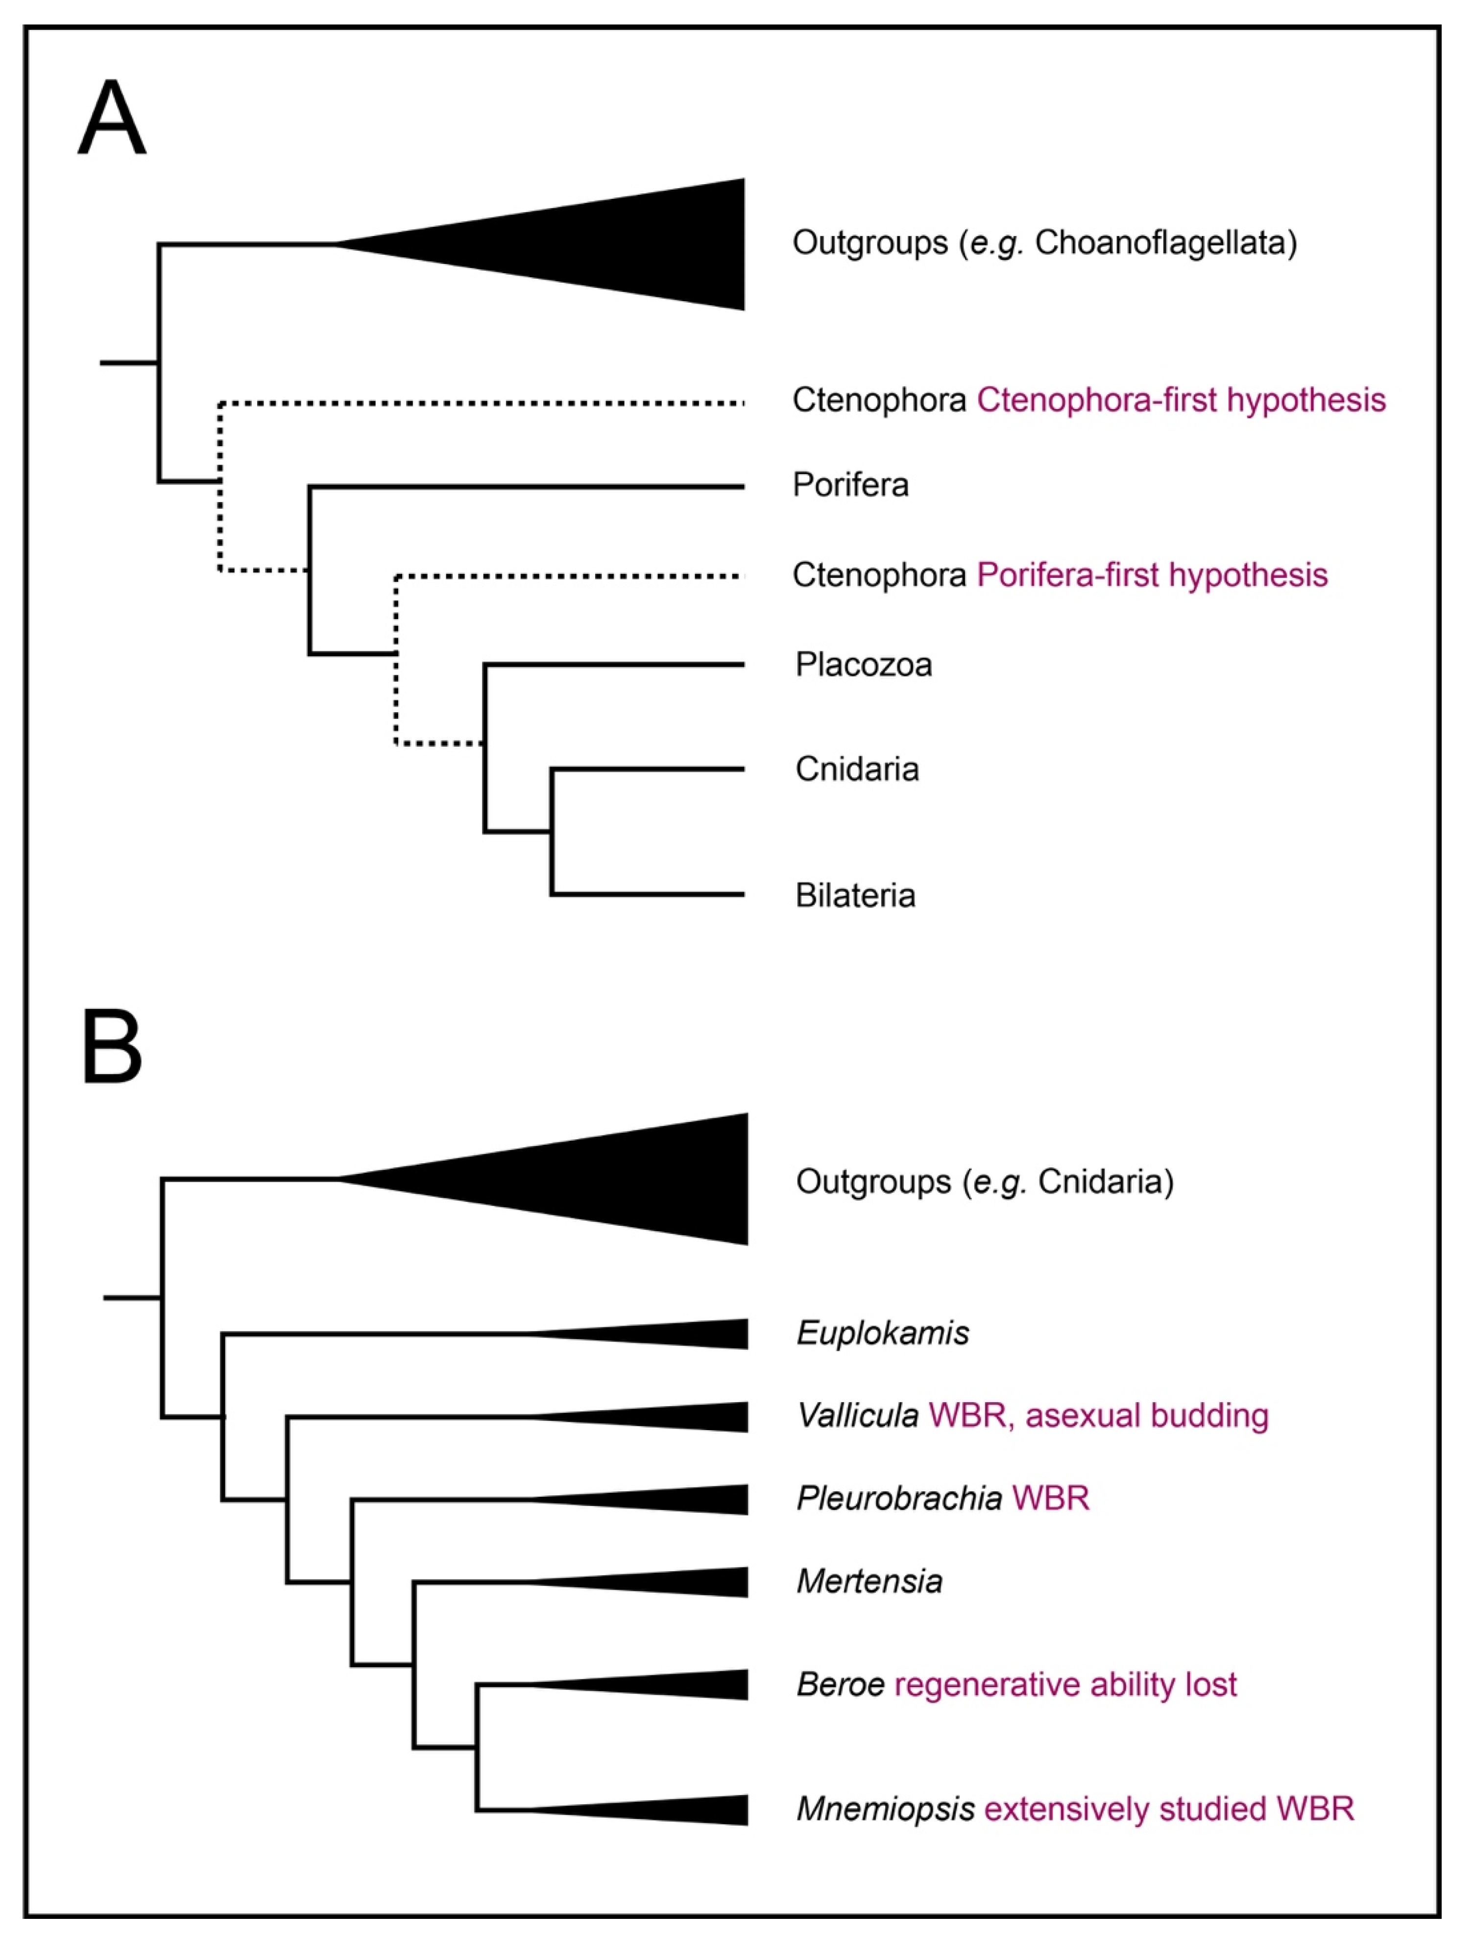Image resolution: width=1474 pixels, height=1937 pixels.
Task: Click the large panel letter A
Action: coord(111,119)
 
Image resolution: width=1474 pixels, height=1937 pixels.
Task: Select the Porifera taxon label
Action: coord(850,485)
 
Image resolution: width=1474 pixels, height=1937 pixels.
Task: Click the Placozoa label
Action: coord(863,665)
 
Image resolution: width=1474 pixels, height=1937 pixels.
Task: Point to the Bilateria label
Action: coord(855,896)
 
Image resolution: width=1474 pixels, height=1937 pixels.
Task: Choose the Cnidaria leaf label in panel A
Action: coord(857,769)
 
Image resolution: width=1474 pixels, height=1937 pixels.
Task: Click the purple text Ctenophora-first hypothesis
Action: coord(1181,400)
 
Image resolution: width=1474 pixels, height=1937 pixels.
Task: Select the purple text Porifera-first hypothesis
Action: coord(1152,575)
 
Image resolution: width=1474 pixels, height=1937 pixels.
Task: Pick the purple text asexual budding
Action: coord(1147,1416)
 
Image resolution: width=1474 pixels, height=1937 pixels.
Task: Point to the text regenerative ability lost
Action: coord(1065,1684)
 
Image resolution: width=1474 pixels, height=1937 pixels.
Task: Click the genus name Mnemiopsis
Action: coord(885,1809)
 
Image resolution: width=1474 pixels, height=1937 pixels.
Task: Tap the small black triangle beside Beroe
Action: coord(693,1684)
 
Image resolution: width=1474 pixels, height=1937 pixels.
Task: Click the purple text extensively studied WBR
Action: coord(1169,1809)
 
